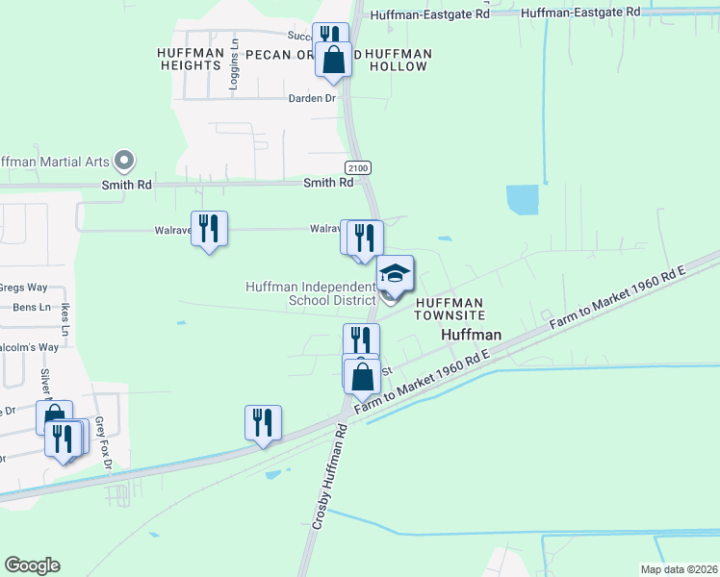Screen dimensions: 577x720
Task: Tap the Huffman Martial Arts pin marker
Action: point(123,160)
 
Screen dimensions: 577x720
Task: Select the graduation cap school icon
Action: point(395,275)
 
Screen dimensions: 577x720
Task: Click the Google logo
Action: point(32,565)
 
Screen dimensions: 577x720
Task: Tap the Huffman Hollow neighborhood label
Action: point(398,60)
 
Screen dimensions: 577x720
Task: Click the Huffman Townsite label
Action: point(449,308)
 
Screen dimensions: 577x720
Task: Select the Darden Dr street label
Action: point(311,98)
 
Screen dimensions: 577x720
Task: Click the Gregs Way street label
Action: point(24,288)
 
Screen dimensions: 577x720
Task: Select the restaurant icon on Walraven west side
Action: point(209,229)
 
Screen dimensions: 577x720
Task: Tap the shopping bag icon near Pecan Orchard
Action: point(333,60)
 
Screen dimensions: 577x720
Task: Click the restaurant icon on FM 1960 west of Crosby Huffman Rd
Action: point(263,423)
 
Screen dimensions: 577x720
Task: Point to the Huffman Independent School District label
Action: point(310,293)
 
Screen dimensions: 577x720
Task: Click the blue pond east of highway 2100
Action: point(523,200)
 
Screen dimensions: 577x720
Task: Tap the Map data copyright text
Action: point(678,569)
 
